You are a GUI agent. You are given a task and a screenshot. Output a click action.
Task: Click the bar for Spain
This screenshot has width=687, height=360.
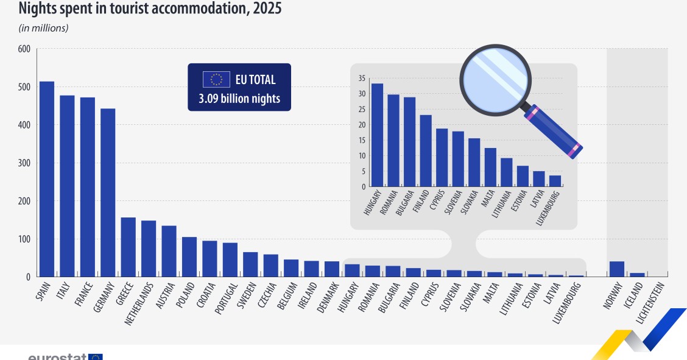47,179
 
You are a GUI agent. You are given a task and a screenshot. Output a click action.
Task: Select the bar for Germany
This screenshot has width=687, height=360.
108,192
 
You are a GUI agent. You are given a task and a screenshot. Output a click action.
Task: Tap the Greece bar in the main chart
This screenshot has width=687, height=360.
128,247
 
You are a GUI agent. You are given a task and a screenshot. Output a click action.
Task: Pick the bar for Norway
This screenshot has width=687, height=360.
617,269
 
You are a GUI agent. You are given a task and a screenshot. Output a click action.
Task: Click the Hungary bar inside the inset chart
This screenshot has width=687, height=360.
377,135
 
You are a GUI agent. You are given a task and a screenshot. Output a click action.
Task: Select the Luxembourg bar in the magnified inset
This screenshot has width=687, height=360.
555,181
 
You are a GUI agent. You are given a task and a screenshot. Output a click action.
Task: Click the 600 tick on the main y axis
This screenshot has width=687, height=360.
25,49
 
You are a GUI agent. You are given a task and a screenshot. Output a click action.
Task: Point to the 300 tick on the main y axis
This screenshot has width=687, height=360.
25,163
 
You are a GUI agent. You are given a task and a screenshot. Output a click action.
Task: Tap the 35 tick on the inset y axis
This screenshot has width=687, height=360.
361,79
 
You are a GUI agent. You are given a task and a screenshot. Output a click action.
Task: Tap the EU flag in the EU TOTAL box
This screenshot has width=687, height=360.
216,80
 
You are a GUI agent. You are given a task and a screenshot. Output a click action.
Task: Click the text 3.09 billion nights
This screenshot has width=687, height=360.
239,99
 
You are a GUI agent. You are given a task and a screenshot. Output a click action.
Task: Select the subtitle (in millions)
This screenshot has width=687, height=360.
44,28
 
